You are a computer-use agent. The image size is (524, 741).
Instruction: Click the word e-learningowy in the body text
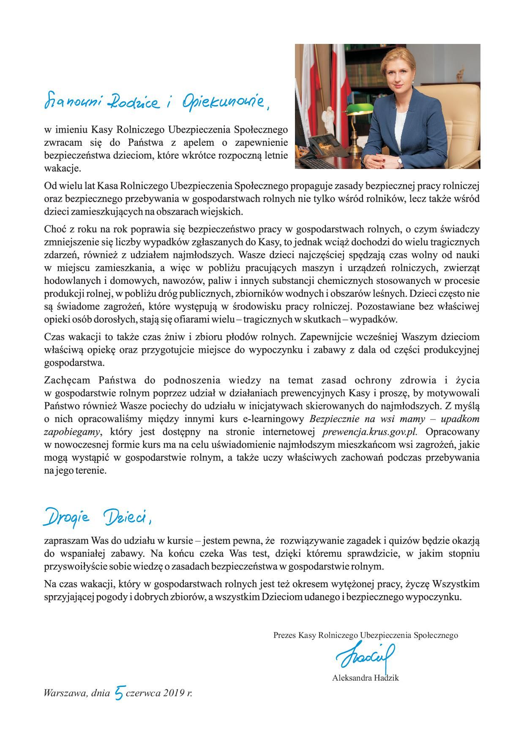coord(278,419)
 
